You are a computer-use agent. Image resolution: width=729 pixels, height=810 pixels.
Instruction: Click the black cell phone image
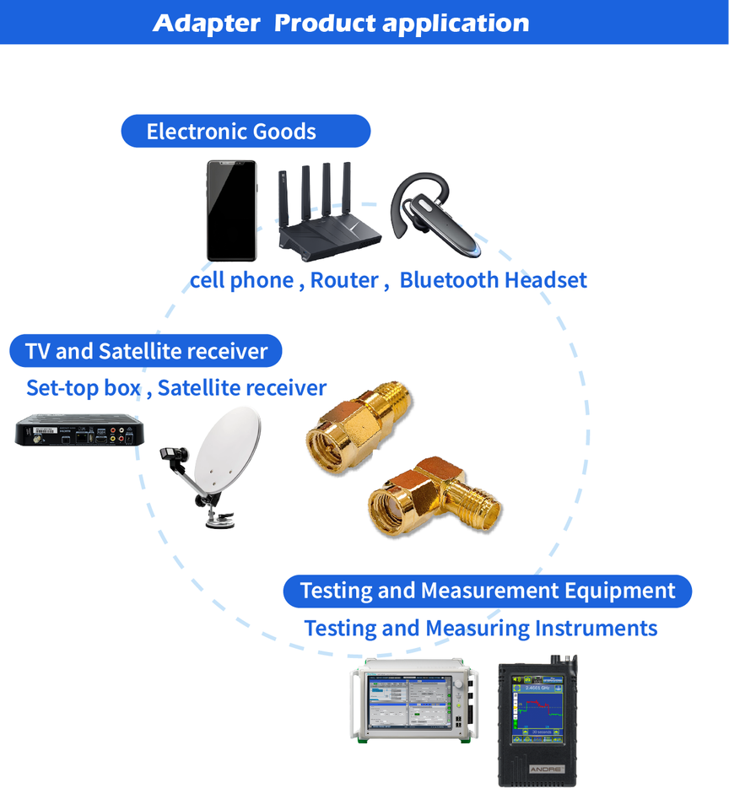(x=231, y=211)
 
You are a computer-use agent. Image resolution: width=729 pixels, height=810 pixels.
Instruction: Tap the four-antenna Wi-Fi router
(x=328, y=212)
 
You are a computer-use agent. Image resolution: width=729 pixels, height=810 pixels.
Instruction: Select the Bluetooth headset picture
(x=435, y=214)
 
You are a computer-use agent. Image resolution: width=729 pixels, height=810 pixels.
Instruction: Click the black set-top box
(x=79, y=429)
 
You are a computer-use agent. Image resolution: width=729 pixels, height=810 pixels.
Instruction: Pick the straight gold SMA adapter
(x=359, y=425)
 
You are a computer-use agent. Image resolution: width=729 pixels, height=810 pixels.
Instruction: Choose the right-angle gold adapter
(x=434, y=496)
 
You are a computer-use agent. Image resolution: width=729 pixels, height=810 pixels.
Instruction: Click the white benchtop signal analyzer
(x=414, y=701)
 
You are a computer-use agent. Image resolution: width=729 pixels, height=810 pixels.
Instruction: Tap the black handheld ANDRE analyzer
(x=537, y=721)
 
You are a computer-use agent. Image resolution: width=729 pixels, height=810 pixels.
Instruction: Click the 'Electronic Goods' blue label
(x=246, y=132)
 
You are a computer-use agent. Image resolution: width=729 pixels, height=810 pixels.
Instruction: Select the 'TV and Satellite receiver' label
(x=146, y=351)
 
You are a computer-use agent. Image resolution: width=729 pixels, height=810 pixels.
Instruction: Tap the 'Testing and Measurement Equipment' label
(x=487, y=591)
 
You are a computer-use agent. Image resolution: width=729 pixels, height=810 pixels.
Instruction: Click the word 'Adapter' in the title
(x=207, y=24)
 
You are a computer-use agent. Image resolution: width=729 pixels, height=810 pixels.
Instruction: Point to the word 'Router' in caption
(x=344, y=280)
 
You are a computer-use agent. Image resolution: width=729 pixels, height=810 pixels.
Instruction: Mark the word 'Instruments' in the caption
(x=597, y=629)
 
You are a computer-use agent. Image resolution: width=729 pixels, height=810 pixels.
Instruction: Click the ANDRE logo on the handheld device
(x=546, y=769)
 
